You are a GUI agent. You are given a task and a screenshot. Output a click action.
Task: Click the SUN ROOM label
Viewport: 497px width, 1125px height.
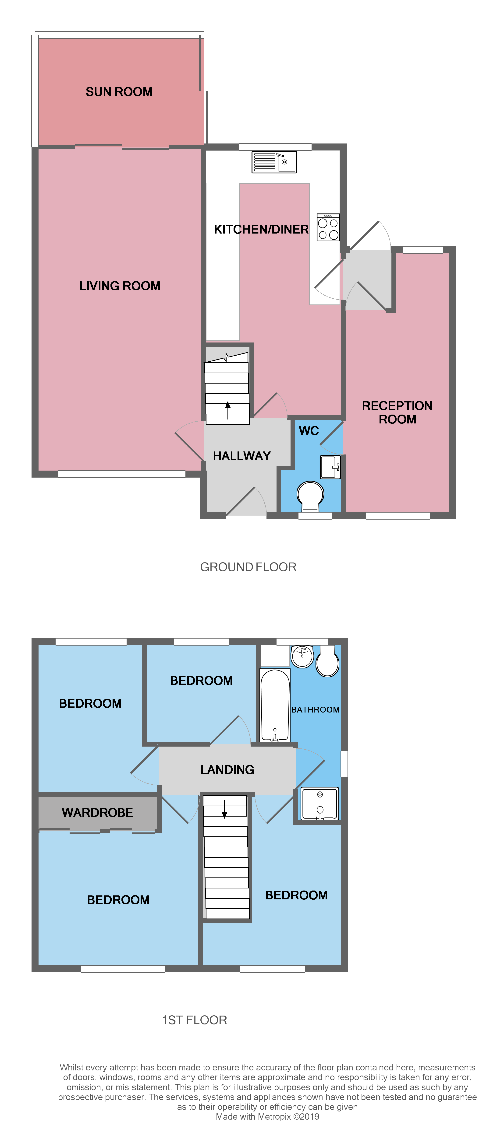click(119, 92)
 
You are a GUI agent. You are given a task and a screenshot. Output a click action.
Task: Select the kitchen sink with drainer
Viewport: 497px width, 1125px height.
click(274, 162)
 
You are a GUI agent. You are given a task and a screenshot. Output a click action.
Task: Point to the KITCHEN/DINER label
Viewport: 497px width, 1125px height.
click(261, 229)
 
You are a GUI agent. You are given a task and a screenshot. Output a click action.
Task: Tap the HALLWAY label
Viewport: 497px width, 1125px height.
click(242, 456)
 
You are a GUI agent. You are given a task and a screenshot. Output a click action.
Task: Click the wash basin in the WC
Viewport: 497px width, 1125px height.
click(330, 467)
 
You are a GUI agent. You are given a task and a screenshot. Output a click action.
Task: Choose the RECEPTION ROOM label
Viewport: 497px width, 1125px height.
click(397, 412)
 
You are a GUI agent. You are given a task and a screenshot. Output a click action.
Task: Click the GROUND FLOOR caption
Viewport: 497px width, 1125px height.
click(248, 567)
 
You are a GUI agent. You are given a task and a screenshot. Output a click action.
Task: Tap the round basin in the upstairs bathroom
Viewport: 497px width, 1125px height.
click(302, 656)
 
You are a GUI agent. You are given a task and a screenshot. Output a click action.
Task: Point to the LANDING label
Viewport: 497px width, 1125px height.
click(227, 769)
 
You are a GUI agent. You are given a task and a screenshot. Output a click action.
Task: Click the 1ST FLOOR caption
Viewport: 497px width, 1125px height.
click(195, 1020)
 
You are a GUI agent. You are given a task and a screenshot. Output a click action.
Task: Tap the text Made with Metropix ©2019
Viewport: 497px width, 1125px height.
click(267, 1117)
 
